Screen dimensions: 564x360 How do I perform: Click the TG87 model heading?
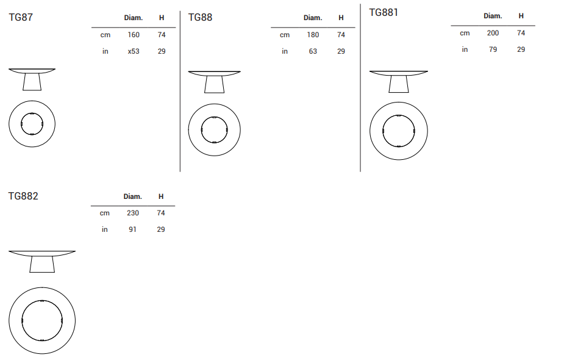coord(21,17)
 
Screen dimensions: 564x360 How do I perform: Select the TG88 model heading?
coord(201,17)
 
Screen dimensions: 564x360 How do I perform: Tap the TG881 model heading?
coord(384,13)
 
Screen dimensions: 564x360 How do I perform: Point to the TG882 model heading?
coord(23,196)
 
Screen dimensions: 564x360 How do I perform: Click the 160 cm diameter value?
coord(134,35)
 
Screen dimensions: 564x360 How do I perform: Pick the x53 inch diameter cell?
coord(134,51)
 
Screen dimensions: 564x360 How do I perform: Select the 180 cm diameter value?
coord(313,35)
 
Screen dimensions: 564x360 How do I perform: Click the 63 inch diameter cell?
coord(313,51)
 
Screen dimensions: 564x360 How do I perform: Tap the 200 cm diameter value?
coord(493,33)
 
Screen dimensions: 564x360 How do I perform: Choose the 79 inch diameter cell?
coord(493,49)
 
